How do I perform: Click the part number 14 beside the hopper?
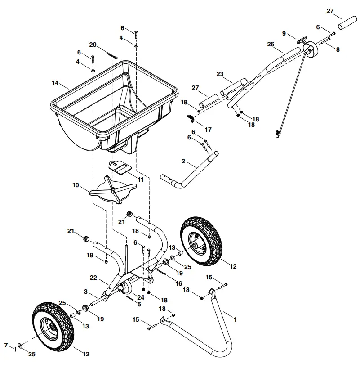tap(55, 83)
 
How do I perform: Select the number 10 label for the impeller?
tap(76, 184)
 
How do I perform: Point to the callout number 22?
tap(93, 278)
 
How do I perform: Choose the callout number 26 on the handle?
tap(271, 44)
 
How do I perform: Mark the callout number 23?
tap(220, 74)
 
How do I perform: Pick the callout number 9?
tap(284, 33)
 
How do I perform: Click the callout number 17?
tap(208, 130)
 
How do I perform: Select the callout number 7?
tap(6, 345)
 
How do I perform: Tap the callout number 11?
tap(140, 179)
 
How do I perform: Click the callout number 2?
tap(183, 161)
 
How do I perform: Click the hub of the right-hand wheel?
tap(197, 246)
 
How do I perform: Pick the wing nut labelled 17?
tap(192, 118)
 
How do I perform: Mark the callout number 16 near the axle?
tap(179, 283)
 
